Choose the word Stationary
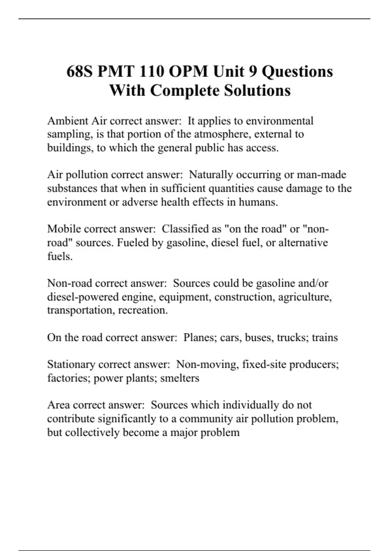click(x=71, y=365)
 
